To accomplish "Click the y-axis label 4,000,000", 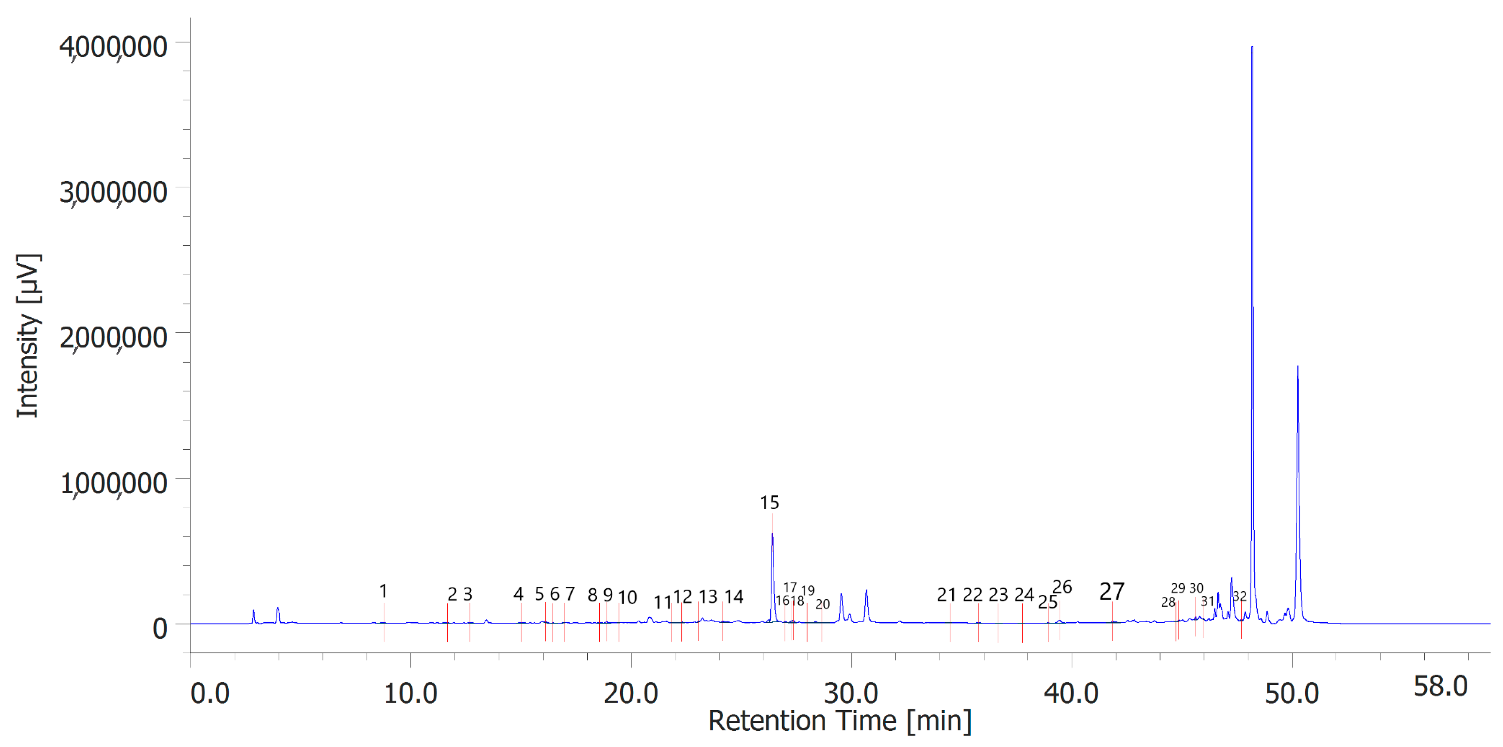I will tap(113, 47).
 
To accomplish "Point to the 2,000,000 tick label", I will tap(113, 338).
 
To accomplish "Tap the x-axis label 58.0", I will tap(1440, 687).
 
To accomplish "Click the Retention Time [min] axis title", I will tap(840, 721).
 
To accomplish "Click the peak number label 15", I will tap(769, 502).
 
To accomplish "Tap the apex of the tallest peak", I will tap(1252, 47).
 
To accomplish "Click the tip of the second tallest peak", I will tap(1298, 366).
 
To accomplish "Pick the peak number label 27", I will tap(1111, 592).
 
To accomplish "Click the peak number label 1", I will tap(383, 591).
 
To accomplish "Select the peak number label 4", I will tap(518, 594).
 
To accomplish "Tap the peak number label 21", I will tap(946, 595).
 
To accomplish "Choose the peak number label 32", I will tap(1239, 596).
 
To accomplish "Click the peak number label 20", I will tap(822, 605).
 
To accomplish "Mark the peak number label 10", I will tap(627, 598).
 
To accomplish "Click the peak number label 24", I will tap(1024, 595).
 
